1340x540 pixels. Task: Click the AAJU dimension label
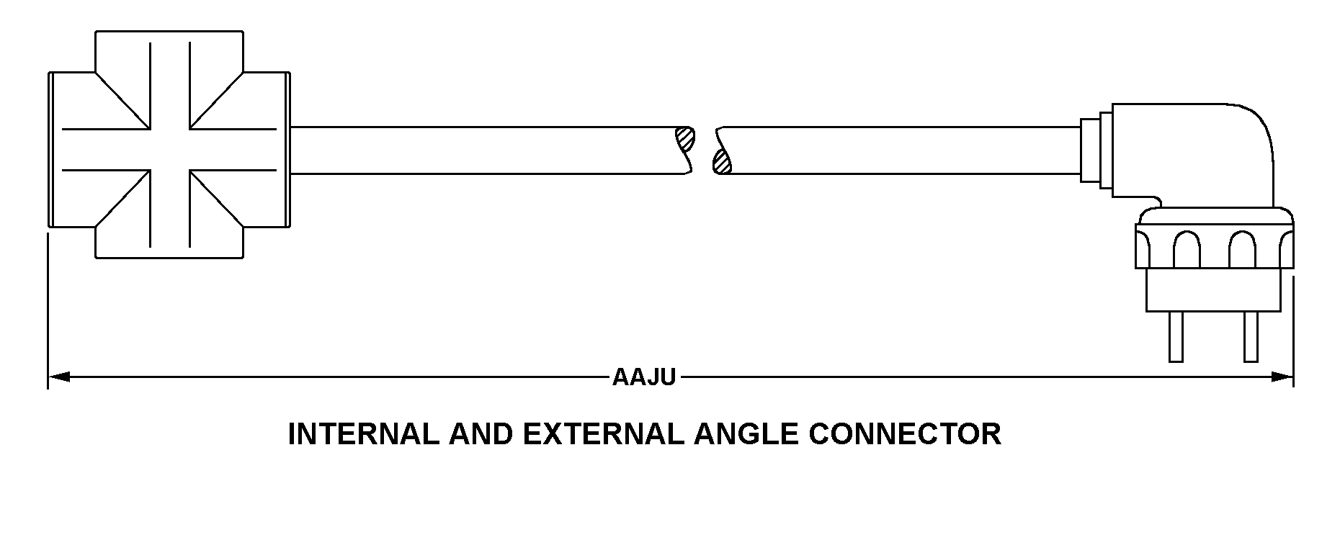(x=643, y=377)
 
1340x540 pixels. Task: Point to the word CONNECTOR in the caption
(x=905, y=434)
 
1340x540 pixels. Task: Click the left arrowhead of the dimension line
(x=58, y=377)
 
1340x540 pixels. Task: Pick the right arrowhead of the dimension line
(x=1283, y=377)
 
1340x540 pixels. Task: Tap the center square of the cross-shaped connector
(x=170, y=150)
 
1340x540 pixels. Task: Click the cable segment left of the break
(x=483, y=150)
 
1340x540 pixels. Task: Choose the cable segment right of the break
(x=901, y=150)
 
